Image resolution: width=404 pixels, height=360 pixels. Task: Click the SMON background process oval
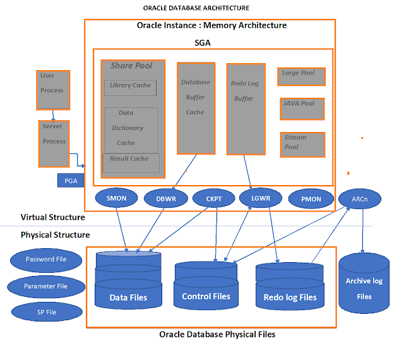[x=117, y=198]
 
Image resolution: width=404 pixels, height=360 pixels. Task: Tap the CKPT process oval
[x=213, y=198]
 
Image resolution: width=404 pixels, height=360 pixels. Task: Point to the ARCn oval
[x=360, y=198]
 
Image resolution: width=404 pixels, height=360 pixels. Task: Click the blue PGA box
[x=71, y=181]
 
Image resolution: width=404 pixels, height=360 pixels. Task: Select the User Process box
[x=53, y=89]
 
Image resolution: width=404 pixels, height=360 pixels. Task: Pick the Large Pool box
[x=301, y=76]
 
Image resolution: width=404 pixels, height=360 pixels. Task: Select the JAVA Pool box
[x=302, y=109]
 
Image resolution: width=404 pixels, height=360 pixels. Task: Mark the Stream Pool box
[x=302, y=145]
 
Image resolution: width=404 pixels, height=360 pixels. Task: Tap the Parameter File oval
[x=46, y=286]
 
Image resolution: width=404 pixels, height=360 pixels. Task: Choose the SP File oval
[x=46, y=311]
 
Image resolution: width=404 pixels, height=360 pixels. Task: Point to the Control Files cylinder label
[x=206, y=296]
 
